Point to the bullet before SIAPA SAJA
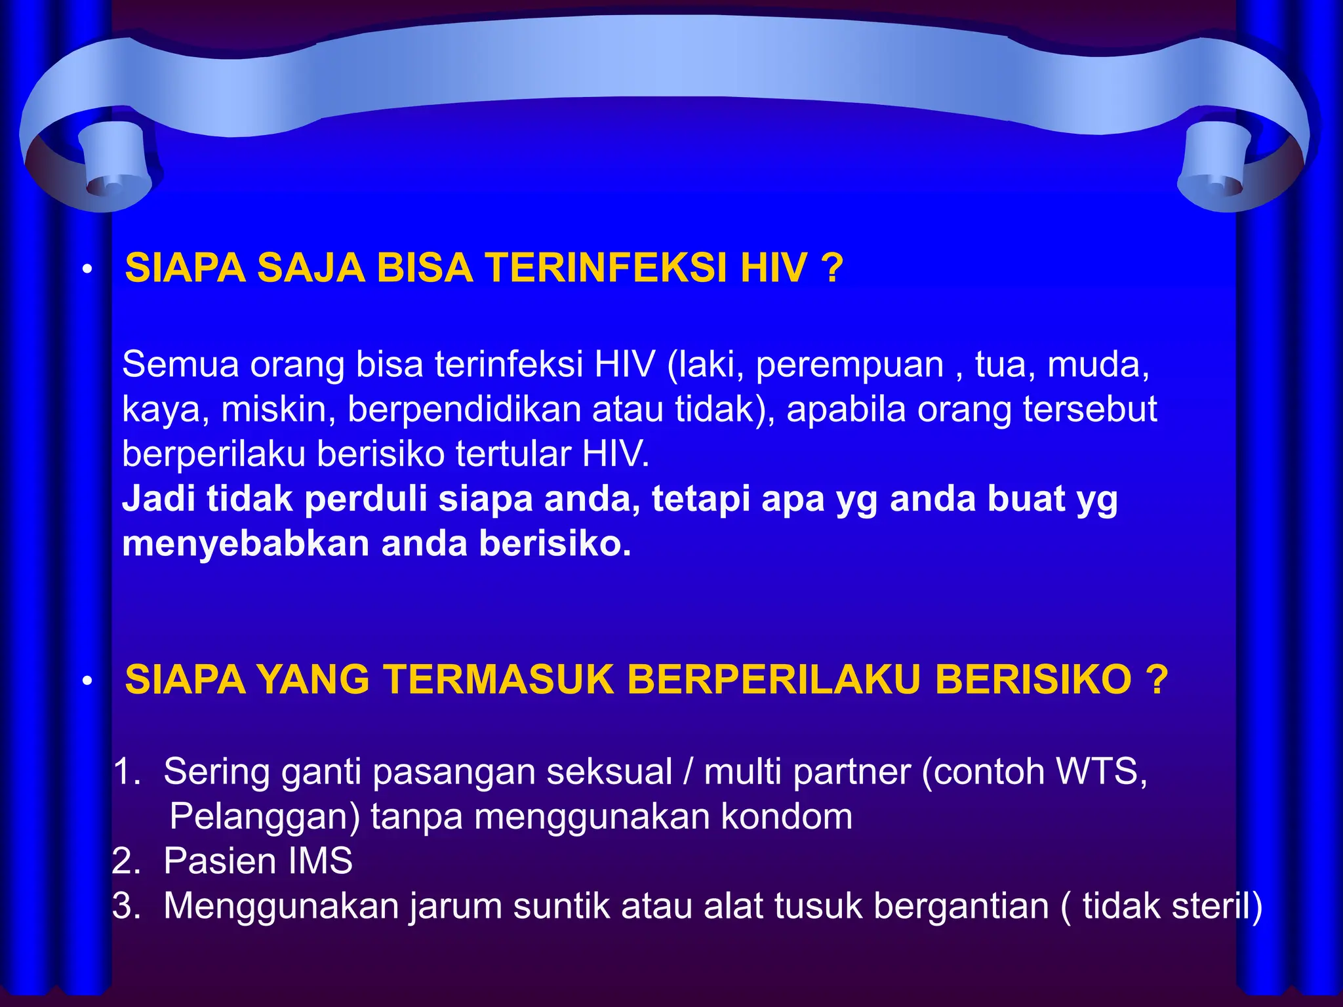point(86,270)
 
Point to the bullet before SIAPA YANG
point(86,682)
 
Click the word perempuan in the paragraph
point(849,365)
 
